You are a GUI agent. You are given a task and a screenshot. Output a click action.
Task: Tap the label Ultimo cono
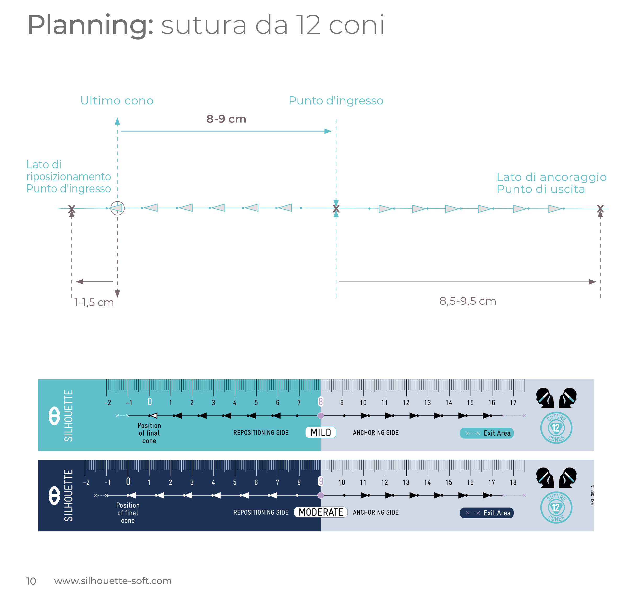click(117, 101)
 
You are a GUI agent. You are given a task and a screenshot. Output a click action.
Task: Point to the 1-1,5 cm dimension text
click(94, 302)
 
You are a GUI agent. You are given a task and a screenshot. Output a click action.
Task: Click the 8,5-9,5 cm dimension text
click(467, 301)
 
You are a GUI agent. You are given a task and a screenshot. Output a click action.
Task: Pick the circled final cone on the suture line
click(117, 208)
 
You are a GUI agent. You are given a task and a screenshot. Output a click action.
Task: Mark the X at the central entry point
click(336, 208)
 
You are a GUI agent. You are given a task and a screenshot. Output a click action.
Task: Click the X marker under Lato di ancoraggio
click(600, 208)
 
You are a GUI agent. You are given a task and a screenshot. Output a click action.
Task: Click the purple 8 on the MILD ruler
click(320, 402)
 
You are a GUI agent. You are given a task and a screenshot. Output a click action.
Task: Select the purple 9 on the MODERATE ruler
click(320, 481)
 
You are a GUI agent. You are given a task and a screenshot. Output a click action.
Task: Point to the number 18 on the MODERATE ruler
click(513, 482)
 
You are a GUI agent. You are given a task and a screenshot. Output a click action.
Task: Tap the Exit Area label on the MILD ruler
click(497, 433)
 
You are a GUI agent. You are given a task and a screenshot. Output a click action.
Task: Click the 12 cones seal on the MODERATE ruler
click(556, 507)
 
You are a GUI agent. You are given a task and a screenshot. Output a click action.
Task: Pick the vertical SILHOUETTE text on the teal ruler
click(68, 416)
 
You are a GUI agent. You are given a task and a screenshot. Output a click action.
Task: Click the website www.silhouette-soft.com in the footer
click(113, 581)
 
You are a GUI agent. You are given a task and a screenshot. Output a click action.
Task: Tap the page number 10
click(31, 581)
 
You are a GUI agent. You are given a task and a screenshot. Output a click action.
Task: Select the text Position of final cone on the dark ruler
click(128, 513)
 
